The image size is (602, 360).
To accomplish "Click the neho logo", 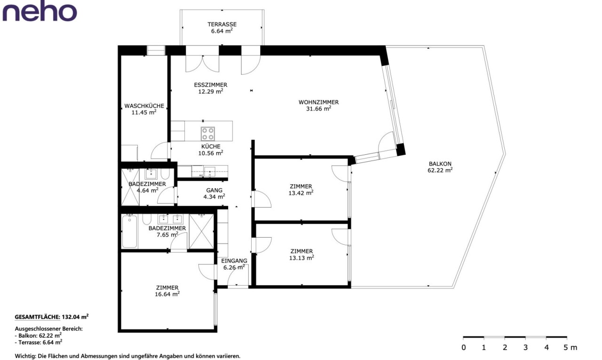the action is pos(40,12).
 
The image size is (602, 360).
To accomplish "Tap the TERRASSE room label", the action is pos(222,24).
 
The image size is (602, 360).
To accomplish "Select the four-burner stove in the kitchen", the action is pos(208,134).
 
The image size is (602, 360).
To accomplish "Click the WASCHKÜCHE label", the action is pos(144,106).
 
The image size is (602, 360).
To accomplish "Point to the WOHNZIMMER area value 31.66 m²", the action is pos(319,109).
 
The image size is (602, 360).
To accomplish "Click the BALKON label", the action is pos(440,164).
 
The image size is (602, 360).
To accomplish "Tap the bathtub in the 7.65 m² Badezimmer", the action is pos(129,232).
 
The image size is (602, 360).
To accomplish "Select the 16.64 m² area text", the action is pos(167,294).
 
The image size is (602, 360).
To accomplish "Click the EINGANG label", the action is pos(234,261).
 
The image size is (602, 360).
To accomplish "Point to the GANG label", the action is pos(214,190).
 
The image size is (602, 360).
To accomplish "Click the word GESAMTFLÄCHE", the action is pos(37,317).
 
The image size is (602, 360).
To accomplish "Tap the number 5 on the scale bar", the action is pos(565,348).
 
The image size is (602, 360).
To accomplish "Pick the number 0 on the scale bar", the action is pos(464,348).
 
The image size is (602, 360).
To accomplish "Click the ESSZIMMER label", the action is pos(211,85).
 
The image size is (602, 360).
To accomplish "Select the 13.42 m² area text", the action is pos(301,193).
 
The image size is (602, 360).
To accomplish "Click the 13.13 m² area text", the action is pos(301,258).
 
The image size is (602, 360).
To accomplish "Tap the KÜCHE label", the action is pos(211,146).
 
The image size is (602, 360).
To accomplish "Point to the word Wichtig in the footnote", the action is pos(25,357).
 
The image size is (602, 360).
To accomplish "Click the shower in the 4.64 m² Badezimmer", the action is pos(130,187).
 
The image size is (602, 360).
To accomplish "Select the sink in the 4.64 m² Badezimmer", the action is pos(151,174).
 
